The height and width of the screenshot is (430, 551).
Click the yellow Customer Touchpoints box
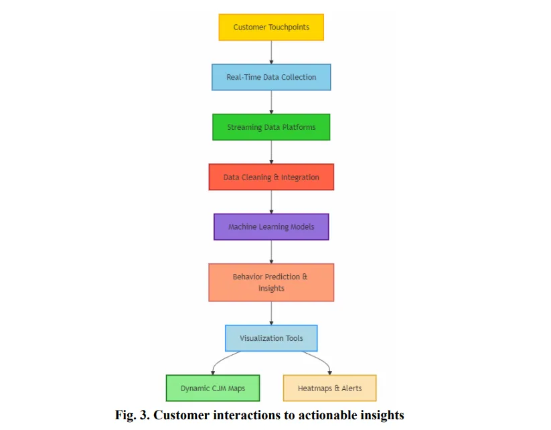click(x=271, y=27)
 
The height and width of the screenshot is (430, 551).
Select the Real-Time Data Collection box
click(x=271, y=77)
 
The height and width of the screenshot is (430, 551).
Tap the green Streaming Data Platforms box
click(x=271, y=127)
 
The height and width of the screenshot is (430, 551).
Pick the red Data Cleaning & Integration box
click(x=271, y=177)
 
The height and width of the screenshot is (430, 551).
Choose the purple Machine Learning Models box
click(x=271, y=226)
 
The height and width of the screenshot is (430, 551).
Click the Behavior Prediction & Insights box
click(x=271, y=282)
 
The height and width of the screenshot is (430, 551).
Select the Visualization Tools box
click(x=271, y=338)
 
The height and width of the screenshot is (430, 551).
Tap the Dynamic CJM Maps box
click(x=212, y=388)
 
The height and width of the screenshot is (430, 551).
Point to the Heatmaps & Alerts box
click(x=329, y=388)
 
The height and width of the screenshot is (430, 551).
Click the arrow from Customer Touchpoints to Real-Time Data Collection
click(x=271, y=52)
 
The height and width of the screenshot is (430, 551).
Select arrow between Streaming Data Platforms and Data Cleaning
click(x=271, y=152)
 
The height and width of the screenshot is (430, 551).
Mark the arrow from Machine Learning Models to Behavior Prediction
click(x=271, y=252)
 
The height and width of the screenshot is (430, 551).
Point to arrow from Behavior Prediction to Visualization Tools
click(x=271, y=313)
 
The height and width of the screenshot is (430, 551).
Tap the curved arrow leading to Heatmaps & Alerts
click(x=323, y=362)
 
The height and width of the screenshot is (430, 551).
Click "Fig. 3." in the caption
click(x=133, y=415)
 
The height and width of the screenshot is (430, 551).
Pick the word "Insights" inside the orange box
click(x=271, y=288)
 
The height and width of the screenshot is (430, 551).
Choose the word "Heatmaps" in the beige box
click(x=315, y=388)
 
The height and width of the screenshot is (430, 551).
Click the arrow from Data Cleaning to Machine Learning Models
click(x=271, y=202)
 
